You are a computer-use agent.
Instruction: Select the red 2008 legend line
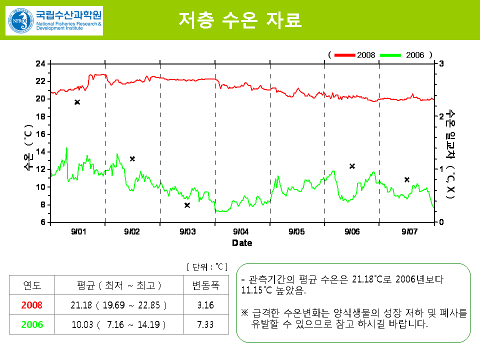344,54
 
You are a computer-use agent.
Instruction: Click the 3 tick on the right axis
440,64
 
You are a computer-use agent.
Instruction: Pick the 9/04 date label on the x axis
241,231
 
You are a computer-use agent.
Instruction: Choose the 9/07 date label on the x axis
409,231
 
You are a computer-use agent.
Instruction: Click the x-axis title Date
242,243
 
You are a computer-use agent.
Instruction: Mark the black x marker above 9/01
77,102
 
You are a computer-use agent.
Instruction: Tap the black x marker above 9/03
187,205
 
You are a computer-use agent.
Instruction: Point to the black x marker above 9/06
352,166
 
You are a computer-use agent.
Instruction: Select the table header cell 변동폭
206,286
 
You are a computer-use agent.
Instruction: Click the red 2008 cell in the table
32,305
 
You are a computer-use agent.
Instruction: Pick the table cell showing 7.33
206,324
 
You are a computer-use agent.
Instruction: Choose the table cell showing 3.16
206,305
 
